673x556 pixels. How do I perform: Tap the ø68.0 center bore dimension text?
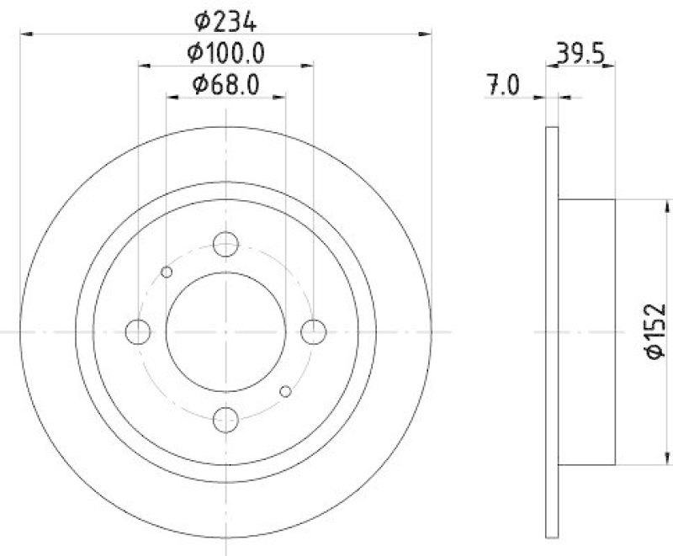click(225, 84)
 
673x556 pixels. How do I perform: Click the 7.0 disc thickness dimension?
click(504, 86)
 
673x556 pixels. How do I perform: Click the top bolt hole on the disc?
click(225, 245)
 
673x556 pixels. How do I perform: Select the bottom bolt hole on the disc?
click(225, 418)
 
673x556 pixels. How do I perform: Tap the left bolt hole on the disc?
click(138, 332)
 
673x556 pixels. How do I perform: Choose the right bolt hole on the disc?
click(313, 332)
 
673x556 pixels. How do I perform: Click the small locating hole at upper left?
click(167, 271)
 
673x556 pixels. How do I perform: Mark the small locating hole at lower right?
click(285, 391)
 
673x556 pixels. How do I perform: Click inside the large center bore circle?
click(225, 331)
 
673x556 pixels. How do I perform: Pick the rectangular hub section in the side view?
click(587, 331)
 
